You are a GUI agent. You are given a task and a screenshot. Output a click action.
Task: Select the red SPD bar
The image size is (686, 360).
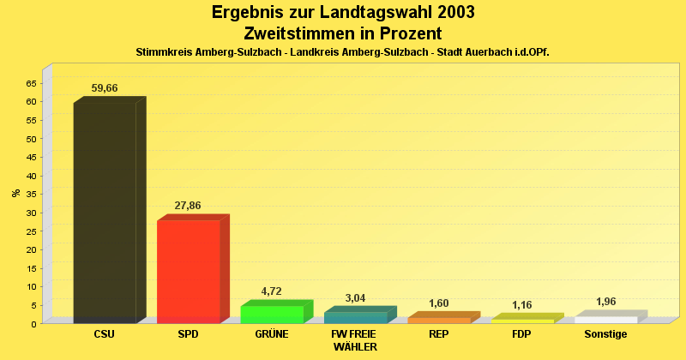coord(189,271)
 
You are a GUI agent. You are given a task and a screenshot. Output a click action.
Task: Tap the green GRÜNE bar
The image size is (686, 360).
coord(272,314)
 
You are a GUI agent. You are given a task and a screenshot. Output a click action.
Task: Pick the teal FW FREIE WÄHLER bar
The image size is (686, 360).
coord(355,317)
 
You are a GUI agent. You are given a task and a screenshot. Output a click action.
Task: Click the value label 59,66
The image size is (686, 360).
coord(105,88)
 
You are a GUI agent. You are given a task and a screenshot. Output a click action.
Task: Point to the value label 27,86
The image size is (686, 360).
coord(188,206)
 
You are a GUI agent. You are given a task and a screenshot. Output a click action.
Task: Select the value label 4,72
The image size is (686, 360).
coord(271,291)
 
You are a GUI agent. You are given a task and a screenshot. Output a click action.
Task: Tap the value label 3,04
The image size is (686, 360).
coord(355,297)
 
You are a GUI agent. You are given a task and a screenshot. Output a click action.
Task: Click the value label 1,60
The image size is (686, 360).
coord(439,303)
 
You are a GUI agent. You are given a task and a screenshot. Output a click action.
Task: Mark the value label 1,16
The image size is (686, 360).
coord(522,304)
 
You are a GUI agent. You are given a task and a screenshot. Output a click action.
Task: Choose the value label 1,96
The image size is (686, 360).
coord(606,302)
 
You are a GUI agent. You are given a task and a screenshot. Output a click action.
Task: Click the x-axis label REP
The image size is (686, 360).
coord(439,334)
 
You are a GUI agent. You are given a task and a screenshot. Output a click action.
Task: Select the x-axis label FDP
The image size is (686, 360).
coord(522,334)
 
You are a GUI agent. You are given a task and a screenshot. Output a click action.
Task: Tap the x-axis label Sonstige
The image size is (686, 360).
coord(606,334)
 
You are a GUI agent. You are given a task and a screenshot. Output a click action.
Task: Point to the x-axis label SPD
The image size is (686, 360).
coord(188,334)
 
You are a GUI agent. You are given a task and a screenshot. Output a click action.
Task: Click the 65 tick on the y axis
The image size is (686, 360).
coord(31,83)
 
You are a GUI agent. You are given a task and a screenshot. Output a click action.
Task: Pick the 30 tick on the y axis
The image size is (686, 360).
coord(31,213)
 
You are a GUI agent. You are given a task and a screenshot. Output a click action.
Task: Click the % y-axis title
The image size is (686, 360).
coord(16,193)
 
